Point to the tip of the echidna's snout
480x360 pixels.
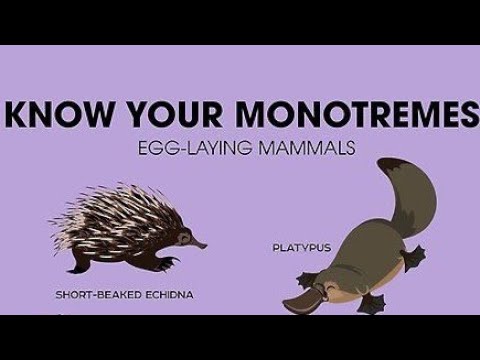(x=206, y=245)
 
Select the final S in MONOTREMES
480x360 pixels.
(x=456, y=114)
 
